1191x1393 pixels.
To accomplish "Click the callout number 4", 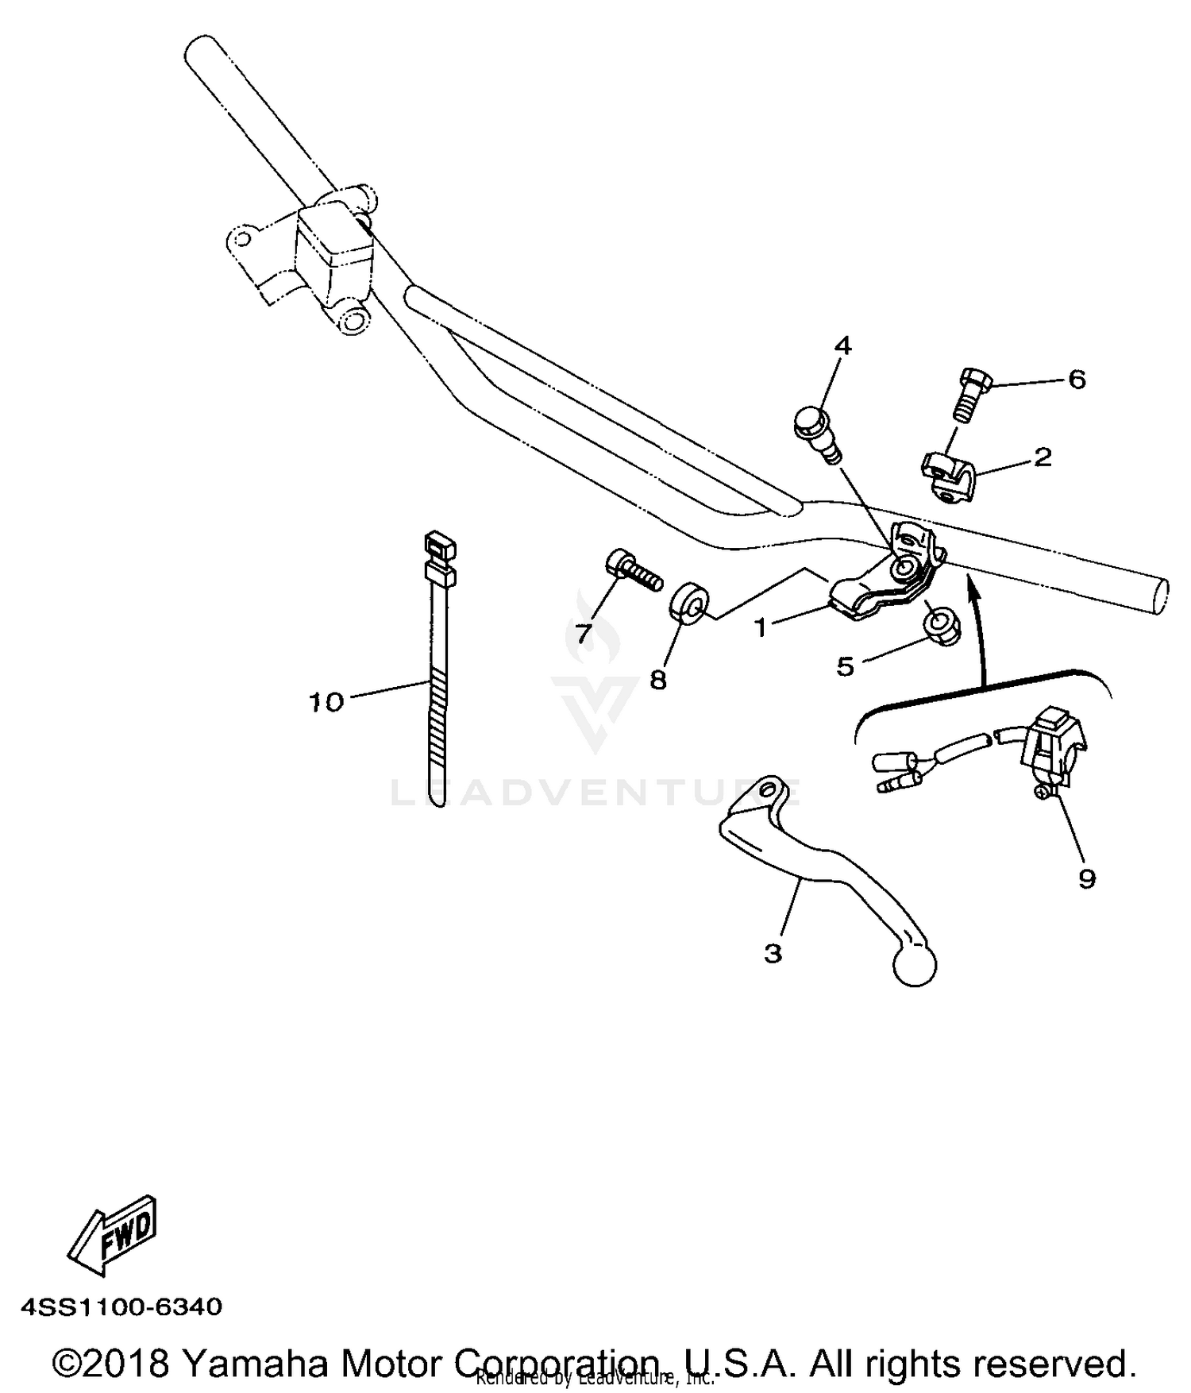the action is (x=842, y=346).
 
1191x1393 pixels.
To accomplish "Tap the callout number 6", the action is (x=1077, y=380).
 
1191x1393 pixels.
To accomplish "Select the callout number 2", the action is (x=1042, y=457).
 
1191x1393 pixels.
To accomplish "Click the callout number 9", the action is (x=1086, y=878).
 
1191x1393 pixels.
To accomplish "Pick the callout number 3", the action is (x=773, y=953).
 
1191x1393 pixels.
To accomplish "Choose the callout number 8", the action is (x=658, y=680).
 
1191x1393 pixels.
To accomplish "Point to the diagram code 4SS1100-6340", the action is (x=121, y=1306).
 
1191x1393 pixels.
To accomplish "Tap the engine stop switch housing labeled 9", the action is (x=1053, y=745).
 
